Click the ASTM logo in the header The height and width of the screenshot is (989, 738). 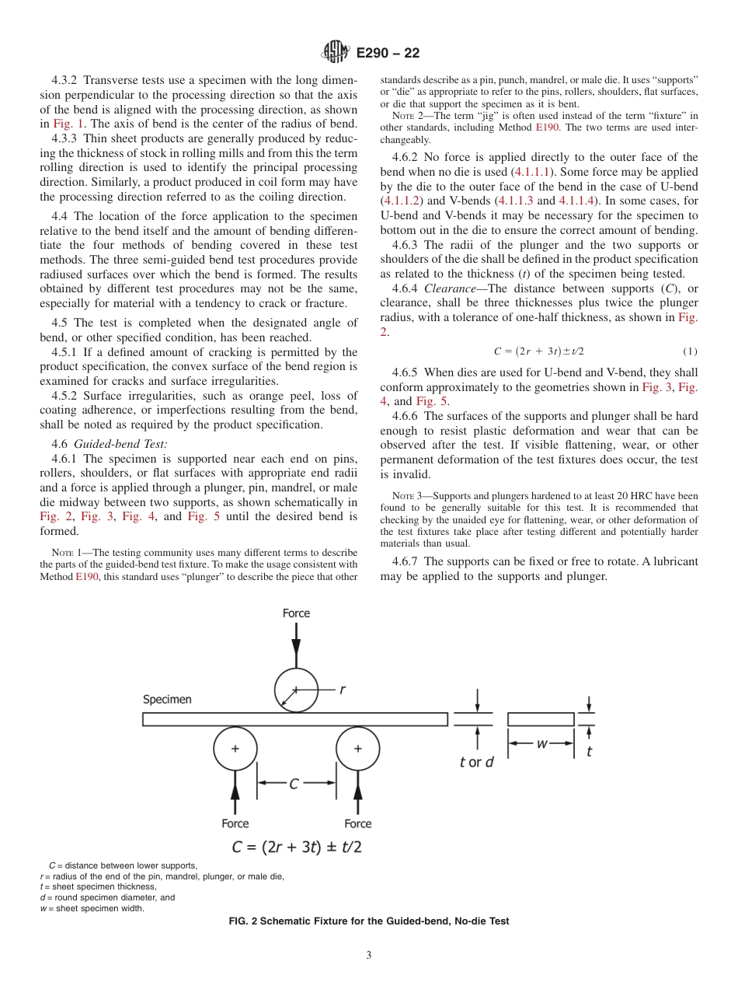(x=336, y=52)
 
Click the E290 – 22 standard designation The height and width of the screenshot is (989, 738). (x=388, y=53)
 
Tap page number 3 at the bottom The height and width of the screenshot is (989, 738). (x=369, y=956)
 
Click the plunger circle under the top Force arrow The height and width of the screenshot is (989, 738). (x=296, y=690)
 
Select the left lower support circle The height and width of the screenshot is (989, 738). (x=235, y=749)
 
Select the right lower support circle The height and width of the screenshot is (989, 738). (x=357, y=749)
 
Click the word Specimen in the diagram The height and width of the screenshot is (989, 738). (x=167, y=699)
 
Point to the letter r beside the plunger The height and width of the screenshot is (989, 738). (x=342, y=689)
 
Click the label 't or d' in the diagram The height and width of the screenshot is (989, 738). (x=477, y=762)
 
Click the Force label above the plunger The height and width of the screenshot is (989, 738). (x=296, y=613)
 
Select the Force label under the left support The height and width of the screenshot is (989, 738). (x=235, y=823)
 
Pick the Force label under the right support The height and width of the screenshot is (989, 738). (x=357, y=823)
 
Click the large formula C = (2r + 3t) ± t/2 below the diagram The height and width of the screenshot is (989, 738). (x=296, y=847)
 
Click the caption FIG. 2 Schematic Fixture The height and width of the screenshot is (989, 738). (x=369, y=921)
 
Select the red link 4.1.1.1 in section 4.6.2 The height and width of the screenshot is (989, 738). (x=531, y=172)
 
